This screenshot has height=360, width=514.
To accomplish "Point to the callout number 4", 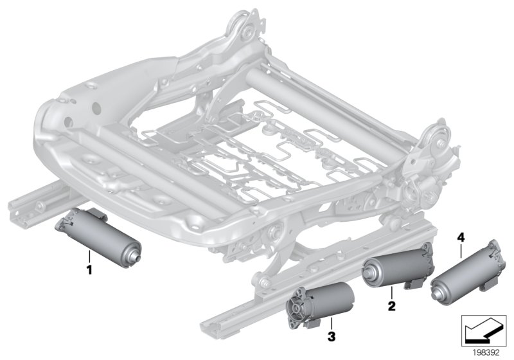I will pos(461,237).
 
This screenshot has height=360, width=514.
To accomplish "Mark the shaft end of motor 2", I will pos(370,278).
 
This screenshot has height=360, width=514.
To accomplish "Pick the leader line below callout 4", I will pos(461,250).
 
